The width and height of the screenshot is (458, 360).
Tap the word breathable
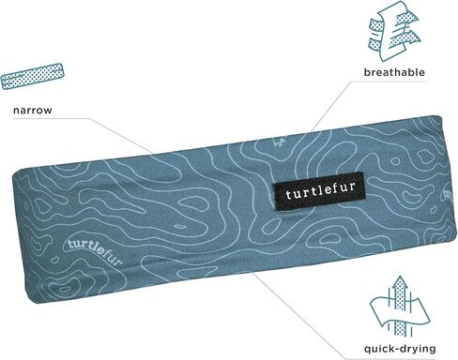pos(394,71)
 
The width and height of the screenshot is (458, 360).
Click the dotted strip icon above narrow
pos(33,75)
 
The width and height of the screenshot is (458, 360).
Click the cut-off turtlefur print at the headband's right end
pos(449,198)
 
